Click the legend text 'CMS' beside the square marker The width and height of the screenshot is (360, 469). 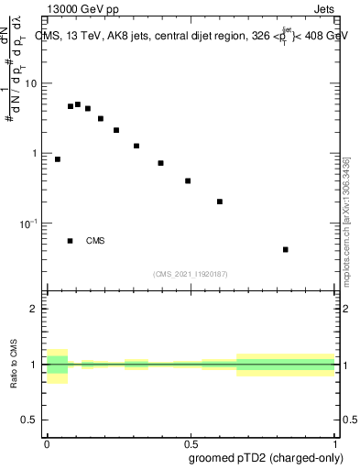click(95, 241)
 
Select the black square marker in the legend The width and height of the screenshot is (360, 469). click(70, 241)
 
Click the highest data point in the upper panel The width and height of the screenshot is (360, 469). click(78, 104)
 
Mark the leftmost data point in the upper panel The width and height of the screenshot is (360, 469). click(58, 159)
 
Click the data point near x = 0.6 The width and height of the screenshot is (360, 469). click(220, 202)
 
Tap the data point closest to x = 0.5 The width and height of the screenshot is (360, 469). click(188, 180)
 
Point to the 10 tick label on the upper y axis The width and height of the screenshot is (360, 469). click(30, 83)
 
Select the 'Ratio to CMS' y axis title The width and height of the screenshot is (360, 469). click(14, 365)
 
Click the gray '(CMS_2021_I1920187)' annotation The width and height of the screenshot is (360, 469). click(191, 274)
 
